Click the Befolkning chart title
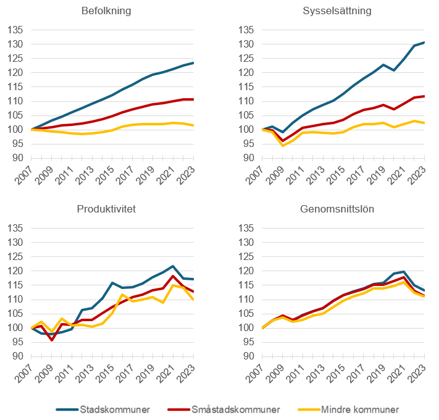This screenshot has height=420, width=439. (x=106, y=11)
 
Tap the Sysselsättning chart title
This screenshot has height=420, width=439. (x=337, y=11)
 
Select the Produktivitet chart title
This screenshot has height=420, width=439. (x=106, y=209)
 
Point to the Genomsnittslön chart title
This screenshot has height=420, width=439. (x=337, y=209)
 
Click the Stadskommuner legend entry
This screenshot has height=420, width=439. (x=103, y=409)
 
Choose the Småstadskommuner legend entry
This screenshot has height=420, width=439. (x=224, y=409)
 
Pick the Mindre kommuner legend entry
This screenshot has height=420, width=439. (x=348, y=409)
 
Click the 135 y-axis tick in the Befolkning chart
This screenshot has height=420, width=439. (x=15, y=30)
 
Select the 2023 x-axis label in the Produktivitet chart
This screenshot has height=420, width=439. (x=186, y=372)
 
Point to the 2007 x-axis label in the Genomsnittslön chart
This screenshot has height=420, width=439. (x=254, y=372)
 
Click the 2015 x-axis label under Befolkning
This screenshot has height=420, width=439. (x=105, y=174)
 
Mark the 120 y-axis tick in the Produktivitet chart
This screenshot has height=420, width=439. (x=15, y=271)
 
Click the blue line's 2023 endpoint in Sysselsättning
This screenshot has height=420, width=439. (x=424, y=42)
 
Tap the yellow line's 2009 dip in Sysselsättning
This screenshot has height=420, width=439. (x=283, y=146)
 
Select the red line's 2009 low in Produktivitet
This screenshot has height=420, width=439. (x=52, y=340)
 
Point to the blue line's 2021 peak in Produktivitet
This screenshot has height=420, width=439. (x=173, y=266)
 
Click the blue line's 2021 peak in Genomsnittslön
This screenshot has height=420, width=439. (x=404, y=272)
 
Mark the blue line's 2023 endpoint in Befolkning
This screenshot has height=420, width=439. (x=193, y=63)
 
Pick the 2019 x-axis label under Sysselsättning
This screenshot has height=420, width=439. (x=376, y=174)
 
